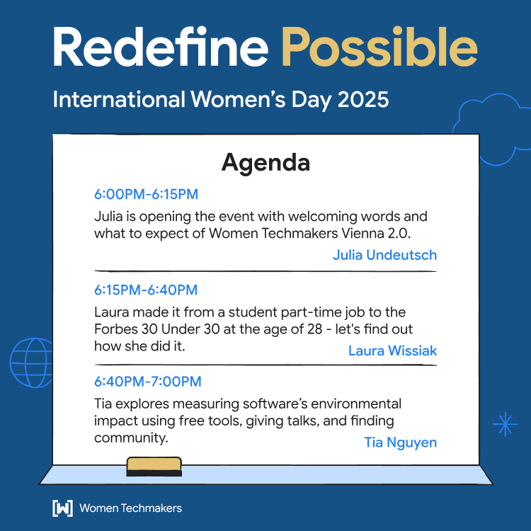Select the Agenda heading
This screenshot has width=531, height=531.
pos(265,162)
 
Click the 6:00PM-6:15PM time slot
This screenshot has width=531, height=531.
pos(146,194)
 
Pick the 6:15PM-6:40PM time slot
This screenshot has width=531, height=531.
pos(146,290)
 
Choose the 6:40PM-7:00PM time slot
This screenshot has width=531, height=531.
pos(147,382)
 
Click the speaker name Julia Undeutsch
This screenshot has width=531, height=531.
pos(384,255)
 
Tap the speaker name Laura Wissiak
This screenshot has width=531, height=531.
pos(392,350)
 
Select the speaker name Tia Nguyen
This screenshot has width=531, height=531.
pos(400,442)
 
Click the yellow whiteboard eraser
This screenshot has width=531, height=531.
pos(154,467)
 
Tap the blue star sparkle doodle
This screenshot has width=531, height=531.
pos(505,423)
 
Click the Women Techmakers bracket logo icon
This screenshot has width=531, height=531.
pos(62,508)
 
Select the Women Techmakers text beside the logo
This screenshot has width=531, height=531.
pos(130,508)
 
